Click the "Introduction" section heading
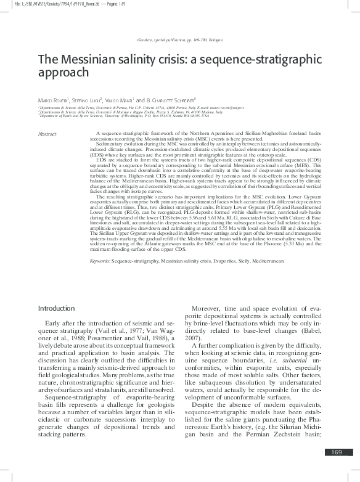click(x=57, y=308)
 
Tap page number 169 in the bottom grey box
click(x=336, y=470)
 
